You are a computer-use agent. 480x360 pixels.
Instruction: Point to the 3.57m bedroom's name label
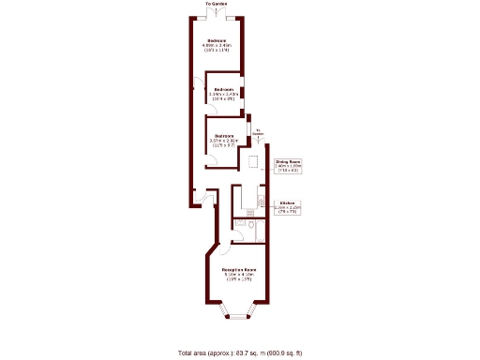223,136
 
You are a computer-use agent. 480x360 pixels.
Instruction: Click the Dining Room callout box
287,166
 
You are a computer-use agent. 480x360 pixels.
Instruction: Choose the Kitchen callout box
287,207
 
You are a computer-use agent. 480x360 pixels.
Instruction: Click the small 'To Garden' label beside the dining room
258,132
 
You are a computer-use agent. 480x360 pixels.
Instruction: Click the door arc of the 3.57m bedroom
214,159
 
